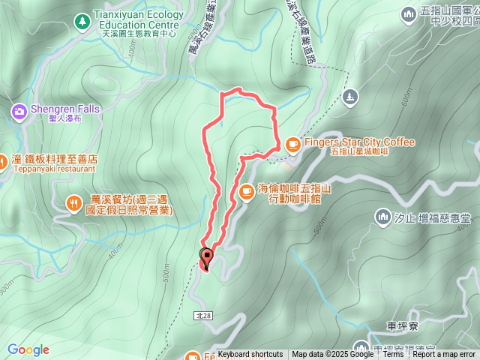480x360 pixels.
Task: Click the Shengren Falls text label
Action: tap(64, 109)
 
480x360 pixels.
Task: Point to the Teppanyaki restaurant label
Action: tap(54, 169)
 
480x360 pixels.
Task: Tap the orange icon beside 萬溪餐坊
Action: tap(73, 202)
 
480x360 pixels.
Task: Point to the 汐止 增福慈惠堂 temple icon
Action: tap(382, 217)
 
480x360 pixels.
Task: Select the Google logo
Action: tap(28, 349)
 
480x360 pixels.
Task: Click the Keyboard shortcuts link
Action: tap(250, 355)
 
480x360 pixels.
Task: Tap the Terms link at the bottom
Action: tap(393, 355)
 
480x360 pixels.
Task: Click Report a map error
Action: tap(445, 355)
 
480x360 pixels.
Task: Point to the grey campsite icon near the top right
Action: tap(349, 96)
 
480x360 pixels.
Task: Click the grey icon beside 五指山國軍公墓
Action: tap(409, 13)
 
